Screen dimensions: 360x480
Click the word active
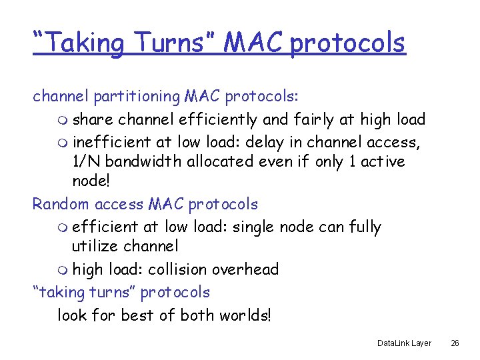click(x=382, y=162)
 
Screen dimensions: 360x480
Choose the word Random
click(x=55, y=204)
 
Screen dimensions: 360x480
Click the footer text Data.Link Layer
click(x=404, y=343)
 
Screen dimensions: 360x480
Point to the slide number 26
click(x=455, y=343)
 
